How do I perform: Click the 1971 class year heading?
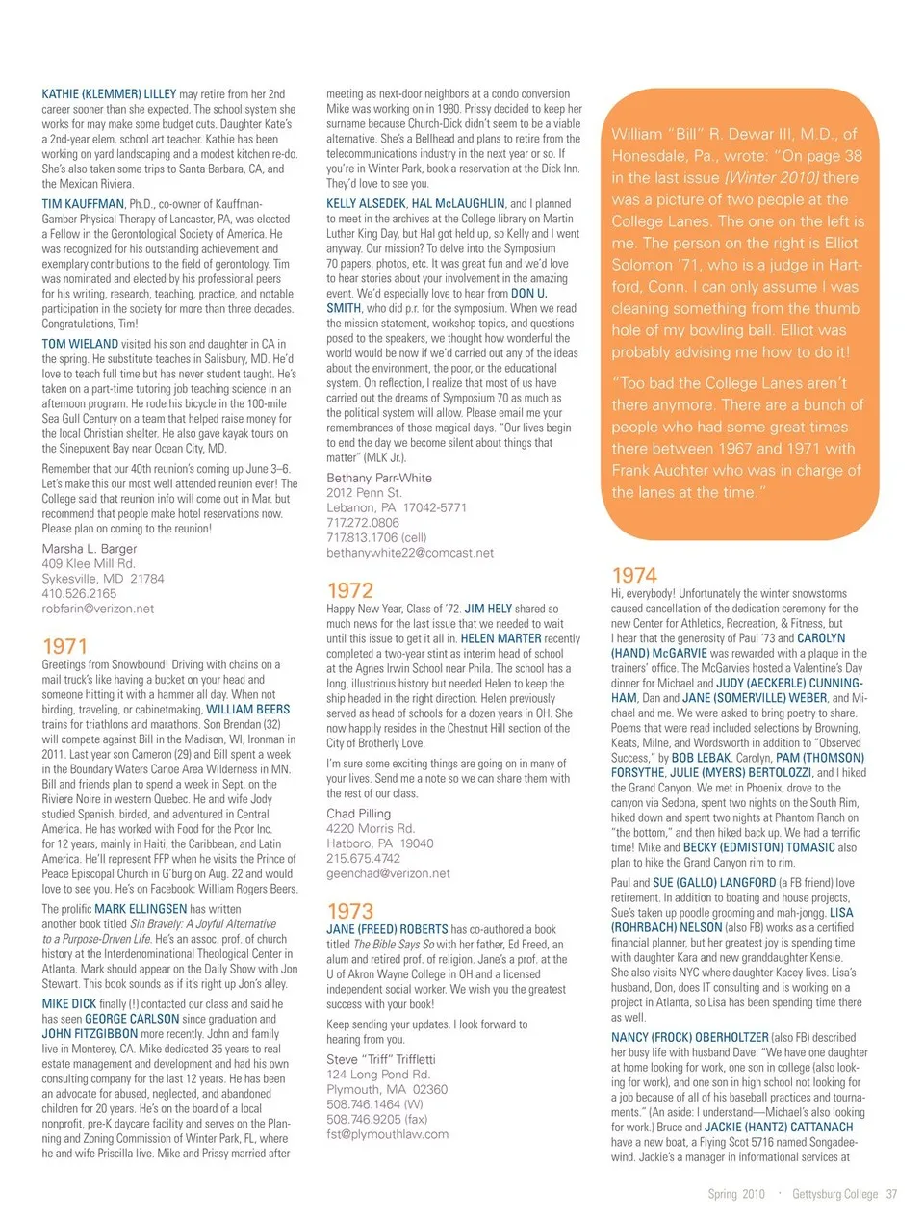pyautogui.click(x=64, y=646)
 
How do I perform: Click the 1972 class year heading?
pyautogui.click(x=349, y=590)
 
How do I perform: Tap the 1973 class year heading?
pyautogui.click(x=349, y=911)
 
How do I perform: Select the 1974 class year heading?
pyautogui.click(x=634, y=576)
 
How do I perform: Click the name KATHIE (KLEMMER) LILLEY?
pyautogui.click(x=109, y=94)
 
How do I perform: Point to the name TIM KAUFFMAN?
pyautogui.click(x=83, y=204)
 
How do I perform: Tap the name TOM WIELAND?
pyautogui.click(x=80, y=344)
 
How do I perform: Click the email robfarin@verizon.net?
pyautogui.click(x=97, y=609)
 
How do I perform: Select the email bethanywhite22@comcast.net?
pyautogui.click(x=409, y=553)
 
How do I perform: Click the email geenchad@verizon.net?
pyautogui.click(x=388, y=873)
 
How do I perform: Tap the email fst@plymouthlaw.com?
pyautogui.click(x=387, y=1134)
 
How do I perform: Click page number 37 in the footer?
pyautogui.click(x=891, y=1194)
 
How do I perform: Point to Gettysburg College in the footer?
pyautogui.click(x=834, y=1194)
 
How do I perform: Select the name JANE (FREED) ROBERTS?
pyautogui.click(x=387, y=929)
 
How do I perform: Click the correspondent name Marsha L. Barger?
pyautogui.click(x=90, y=549)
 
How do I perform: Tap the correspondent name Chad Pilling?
pyautogui.click(x=358, y=814)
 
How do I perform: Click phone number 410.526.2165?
pyautogui.click(x=79, y=594)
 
